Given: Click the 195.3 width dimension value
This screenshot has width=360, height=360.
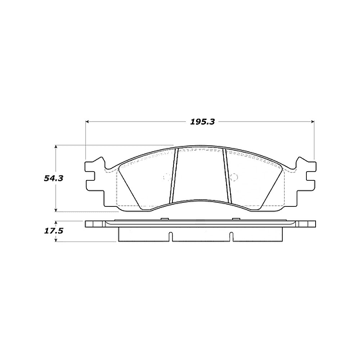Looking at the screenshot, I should [x=200, y=122].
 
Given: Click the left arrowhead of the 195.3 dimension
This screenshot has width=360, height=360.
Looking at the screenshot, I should [x=88, y=122].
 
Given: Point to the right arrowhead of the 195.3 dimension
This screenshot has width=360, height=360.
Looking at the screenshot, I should [x=312, y=122].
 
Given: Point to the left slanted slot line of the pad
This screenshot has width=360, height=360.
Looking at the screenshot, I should [x=173, y=177].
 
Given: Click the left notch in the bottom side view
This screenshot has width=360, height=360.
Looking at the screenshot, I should [x=171, y=235].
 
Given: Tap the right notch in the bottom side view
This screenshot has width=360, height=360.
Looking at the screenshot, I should [x=229, y=235].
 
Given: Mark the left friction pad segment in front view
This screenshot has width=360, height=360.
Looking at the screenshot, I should [x=143, y=180].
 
